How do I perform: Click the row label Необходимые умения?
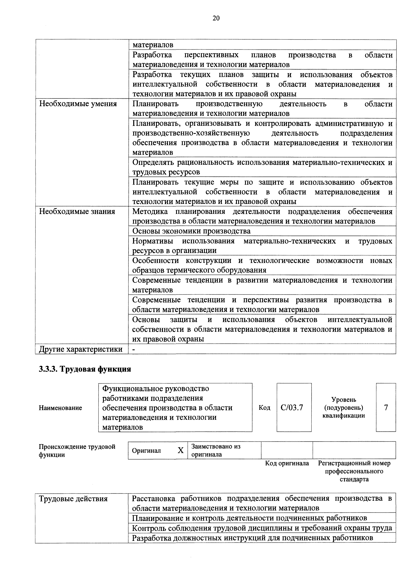(78, 104)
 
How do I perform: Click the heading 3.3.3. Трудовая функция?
(85, 369)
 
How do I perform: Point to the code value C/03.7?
(292, 408)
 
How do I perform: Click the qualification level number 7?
(386, 408)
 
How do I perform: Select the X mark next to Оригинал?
(180, 450)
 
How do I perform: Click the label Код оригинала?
(287, 463)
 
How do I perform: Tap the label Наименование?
(60, 408)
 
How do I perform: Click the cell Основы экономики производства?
(191, 231)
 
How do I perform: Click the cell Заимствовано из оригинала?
(216, 450)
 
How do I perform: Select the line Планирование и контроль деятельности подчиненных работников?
(250, 518)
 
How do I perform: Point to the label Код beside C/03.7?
(264, 408)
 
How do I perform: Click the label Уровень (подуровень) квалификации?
(344, 408)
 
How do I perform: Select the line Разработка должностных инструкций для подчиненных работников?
(253, 538)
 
